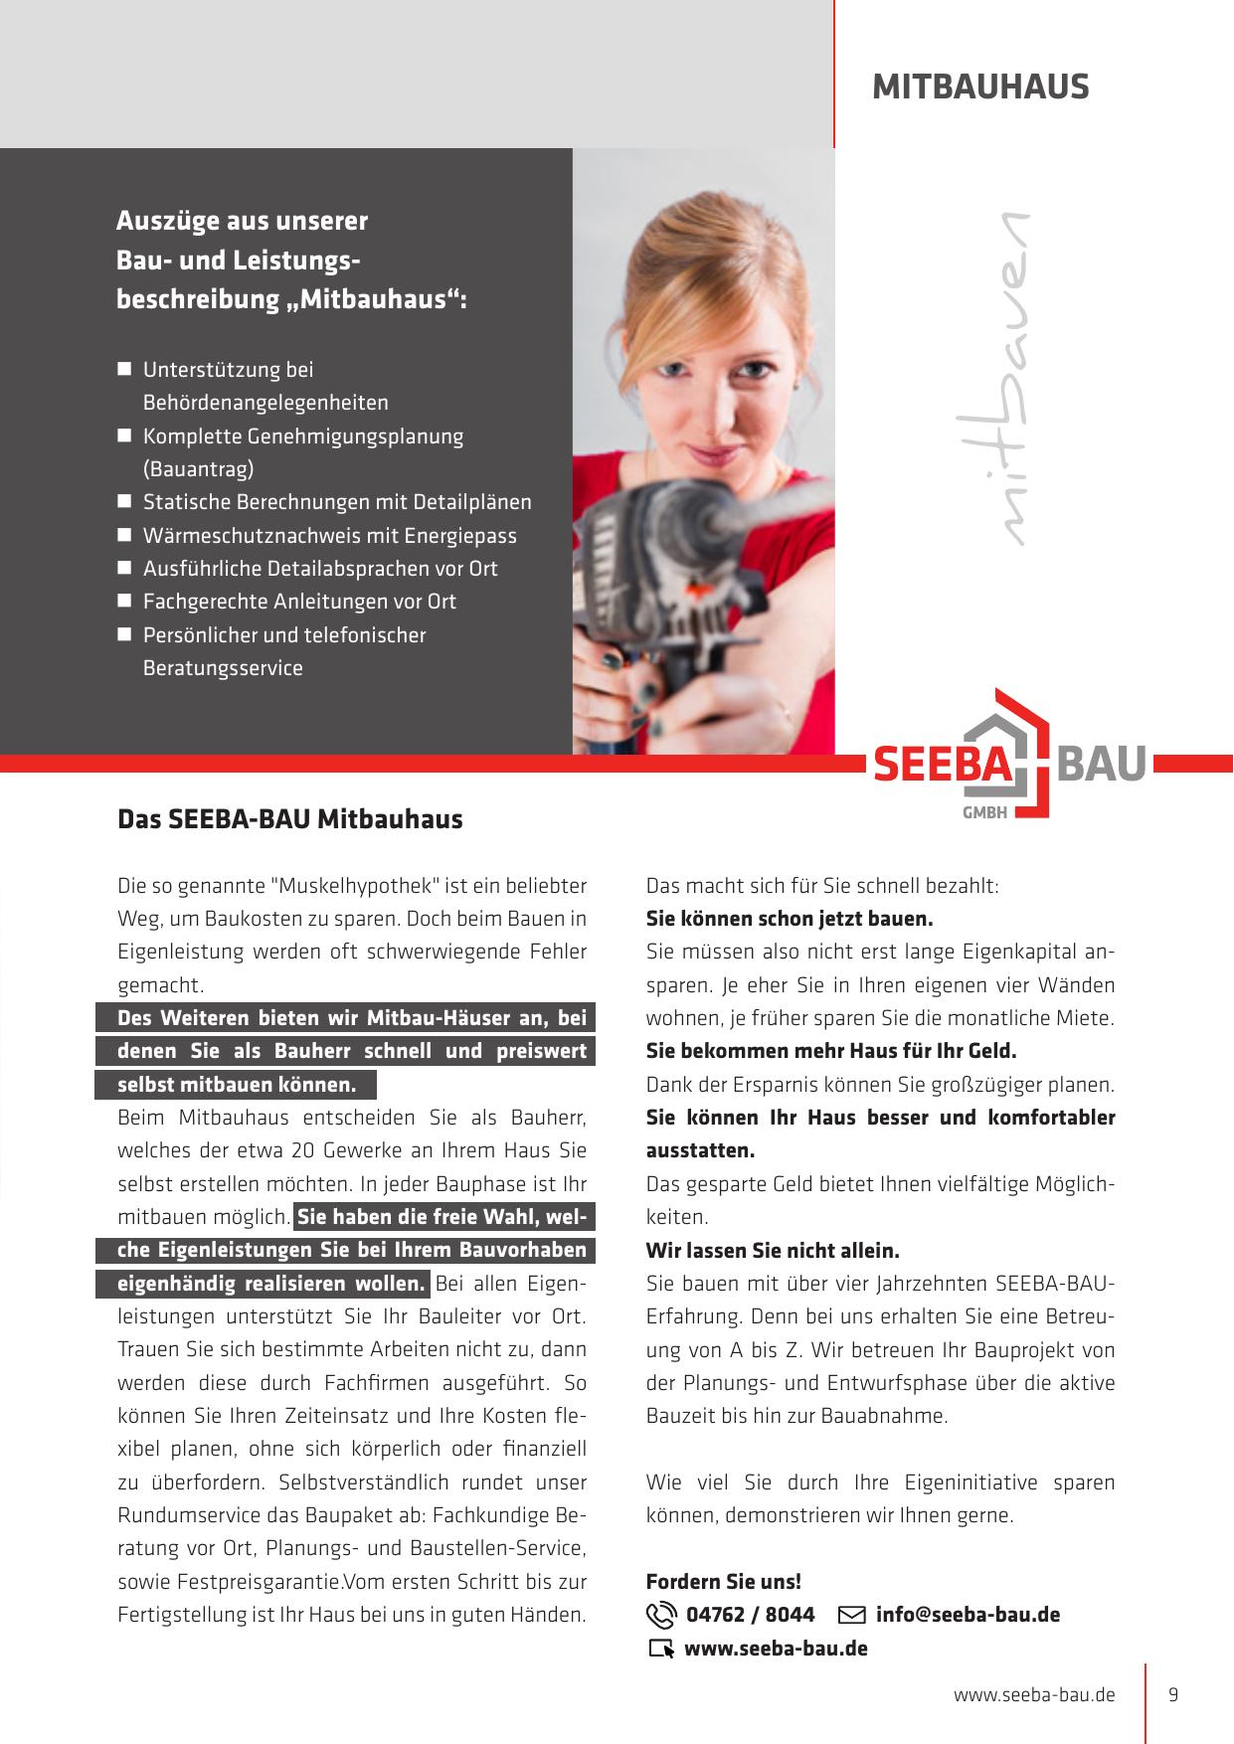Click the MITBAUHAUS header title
coord(980,87)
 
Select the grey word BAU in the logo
coord(1104,766)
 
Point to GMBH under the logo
coord(985,811)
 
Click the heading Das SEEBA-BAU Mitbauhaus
coord(289,819)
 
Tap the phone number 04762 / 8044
coord(751,1615)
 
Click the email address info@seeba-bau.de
coord(968,1615)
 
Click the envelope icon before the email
coord(852,1615)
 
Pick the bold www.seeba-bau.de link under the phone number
coord(776,1649)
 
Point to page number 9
coord(1173,1694)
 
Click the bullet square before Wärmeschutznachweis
coord(124,535)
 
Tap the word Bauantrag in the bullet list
coord(199,468)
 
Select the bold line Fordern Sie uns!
coord(723,1581)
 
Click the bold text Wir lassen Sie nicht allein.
coord(773,1250)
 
